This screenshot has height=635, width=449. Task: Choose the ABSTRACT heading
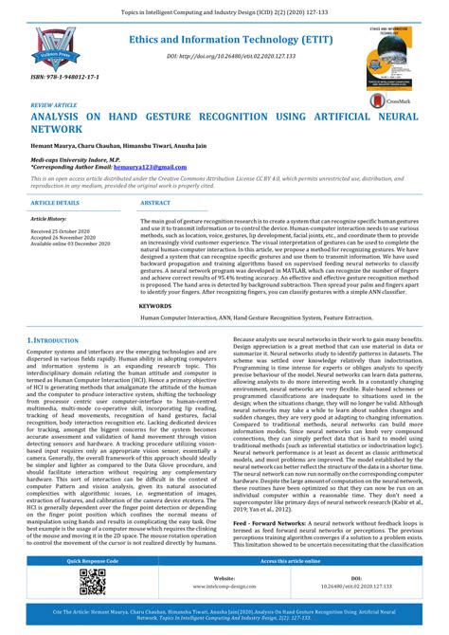155,203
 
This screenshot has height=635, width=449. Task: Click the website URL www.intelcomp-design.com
224,585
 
